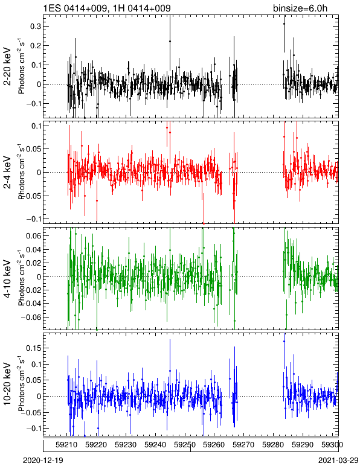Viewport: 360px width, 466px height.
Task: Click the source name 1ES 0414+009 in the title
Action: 75,8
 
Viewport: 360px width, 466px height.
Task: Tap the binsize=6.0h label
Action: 300,8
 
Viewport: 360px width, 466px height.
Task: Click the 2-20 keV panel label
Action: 7,66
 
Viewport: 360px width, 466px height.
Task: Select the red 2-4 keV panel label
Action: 7,173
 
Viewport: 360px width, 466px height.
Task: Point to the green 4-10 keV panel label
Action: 7,278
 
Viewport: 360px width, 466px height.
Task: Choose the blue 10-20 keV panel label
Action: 7,384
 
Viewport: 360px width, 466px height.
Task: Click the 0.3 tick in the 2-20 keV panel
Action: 35,27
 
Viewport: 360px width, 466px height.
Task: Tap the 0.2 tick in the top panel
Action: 35,45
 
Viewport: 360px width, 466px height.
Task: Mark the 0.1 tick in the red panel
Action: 35,126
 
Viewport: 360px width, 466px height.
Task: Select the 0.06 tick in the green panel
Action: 33,236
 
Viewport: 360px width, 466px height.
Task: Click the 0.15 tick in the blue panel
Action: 33,348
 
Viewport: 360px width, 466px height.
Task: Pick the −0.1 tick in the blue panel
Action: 33,428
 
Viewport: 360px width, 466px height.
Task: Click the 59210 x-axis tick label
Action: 66,445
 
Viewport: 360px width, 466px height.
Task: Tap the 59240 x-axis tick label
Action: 155,445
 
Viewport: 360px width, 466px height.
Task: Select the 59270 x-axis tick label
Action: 244,445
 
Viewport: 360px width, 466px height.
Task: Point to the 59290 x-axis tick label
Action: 303,445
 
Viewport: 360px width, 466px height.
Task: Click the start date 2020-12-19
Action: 43,461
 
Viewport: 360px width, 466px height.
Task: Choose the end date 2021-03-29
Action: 338,461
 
